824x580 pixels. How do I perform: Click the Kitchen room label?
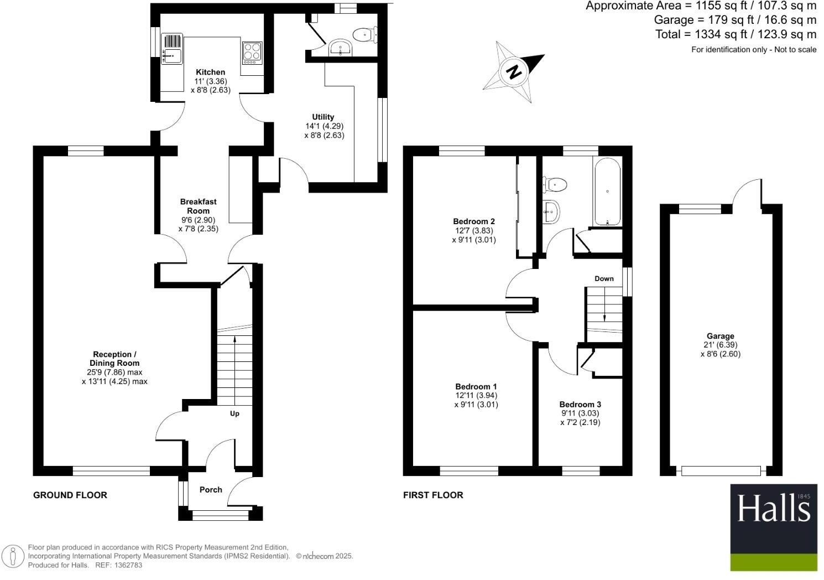(210, 72)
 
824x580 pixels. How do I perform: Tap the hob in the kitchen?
(252, 53)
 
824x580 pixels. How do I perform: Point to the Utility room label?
(323, 117)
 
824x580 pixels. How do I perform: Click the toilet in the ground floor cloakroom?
(365, 35)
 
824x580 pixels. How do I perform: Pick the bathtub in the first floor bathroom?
(607, 191)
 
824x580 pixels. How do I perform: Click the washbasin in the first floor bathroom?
(551, 211)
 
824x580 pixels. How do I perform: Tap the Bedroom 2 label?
(474, 221)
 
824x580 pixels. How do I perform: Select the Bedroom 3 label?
(580, 405)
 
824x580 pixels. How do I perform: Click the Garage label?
(720, 336)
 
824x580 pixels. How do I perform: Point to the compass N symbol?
(514, 71)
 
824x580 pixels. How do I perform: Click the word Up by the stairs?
(234, 413)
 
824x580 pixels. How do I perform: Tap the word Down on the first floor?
(604, 278)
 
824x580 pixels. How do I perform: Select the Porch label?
(211, 490)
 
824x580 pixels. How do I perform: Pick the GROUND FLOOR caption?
(70, 495)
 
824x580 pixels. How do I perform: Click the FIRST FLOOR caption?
(433, 495)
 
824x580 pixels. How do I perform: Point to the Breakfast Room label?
(199, 206)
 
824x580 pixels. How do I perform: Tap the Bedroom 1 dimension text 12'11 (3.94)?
(476, 396)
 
